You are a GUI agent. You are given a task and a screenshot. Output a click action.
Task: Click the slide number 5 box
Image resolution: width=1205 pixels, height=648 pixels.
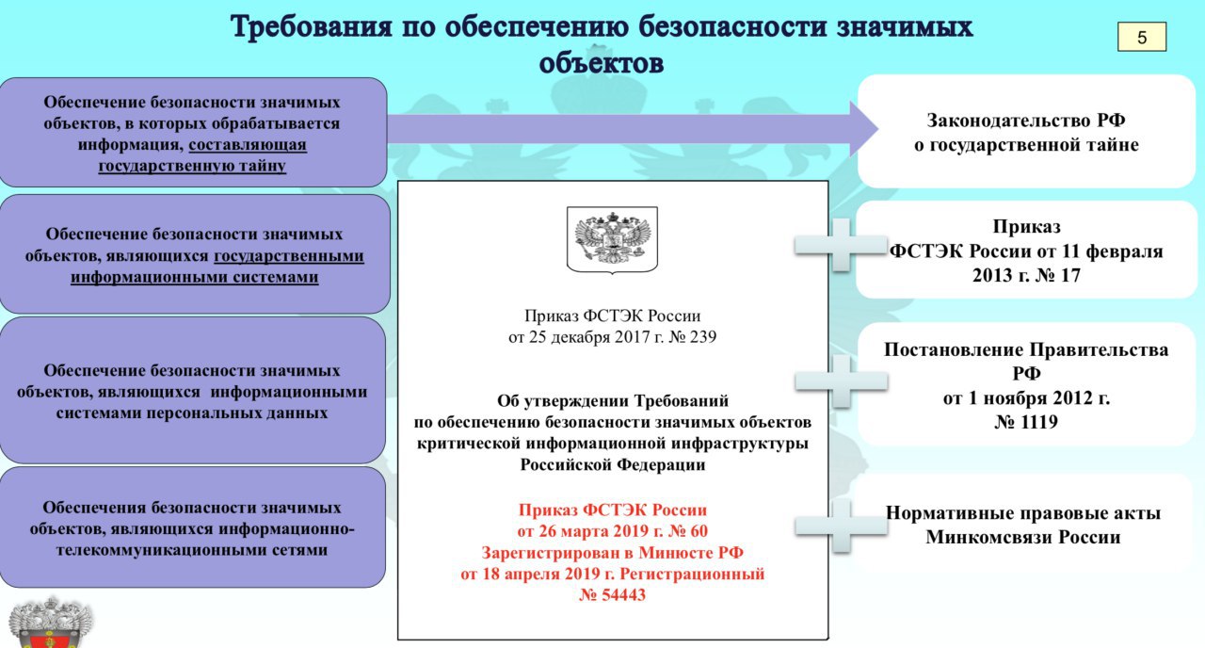click(1142, 37)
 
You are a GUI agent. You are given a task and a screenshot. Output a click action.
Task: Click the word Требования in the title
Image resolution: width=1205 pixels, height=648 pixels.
click(312, 27)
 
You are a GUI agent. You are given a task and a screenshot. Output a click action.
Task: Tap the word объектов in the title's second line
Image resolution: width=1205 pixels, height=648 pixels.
click(602, 63)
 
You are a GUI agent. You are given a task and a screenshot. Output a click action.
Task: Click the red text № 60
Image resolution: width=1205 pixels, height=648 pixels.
click(688, 531)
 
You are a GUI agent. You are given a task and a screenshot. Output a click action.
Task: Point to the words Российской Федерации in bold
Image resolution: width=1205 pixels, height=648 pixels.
click(612, 464)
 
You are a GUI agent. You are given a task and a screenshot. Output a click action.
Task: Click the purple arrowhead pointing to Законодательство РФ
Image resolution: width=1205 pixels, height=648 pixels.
click(864, 129)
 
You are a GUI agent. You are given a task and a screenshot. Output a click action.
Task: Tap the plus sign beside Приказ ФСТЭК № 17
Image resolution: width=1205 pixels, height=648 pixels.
click(841, 245)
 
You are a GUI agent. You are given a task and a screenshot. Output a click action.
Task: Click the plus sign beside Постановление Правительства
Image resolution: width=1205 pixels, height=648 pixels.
click(841, 381)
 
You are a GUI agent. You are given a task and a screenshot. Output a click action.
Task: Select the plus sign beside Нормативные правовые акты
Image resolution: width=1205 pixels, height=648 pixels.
click(841, 526)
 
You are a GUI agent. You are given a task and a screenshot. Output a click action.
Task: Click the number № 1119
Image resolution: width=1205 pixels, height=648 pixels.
click(1026, 422)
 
